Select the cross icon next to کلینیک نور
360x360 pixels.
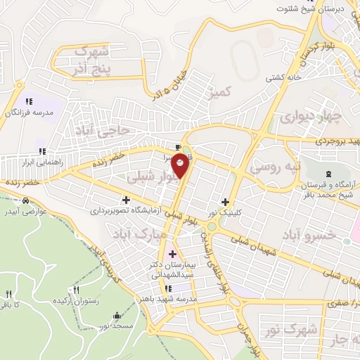225,201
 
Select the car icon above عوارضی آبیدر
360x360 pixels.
26,201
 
